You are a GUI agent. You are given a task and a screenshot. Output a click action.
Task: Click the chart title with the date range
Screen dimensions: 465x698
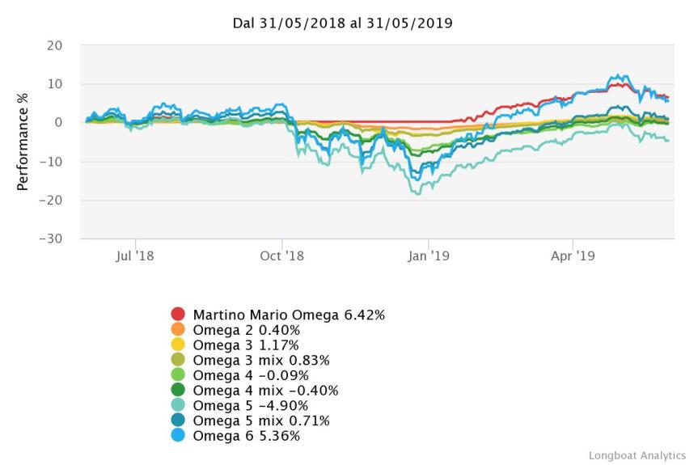342,23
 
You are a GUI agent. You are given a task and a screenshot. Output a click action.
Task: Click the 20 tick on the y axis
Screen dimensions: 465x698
55,45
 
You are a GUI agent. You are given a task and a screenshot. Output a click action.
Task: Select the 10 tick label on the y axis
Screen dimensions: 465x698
55,84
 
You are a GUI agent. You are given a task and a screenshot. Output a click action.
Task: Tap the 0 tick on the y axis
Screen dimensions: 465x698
59,123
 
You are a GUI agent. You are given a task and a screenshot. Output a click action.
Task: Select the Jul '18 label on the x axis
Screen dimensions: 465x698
136,256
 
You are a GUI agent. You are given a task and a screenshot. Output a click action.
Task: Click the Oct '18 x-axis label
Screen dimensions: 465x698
282,256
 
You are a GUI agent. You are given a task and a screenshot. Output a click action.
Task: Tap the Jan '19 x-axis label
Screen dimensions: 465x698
428,256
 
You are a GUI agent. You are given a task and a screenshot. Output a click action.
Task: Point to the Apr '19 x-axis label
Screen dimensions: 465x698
573,256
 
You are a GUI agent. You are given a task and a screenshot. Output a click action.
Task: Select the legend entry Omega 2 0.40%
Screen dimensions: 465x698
246,329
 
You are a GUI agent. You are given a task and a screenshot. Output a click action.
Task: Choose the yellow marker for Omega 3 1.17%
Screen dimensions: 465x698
178,345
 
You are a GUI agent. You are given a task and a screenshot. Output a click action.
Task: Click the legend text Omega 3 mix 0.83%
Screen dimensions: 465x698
261,360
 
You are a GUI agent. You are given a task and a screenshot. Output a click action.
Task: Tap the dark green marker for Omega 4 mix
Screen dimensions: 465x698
178,391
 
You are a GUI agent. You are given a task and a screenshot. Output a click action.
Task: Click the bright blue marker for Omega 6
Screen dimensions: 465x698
178,437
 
